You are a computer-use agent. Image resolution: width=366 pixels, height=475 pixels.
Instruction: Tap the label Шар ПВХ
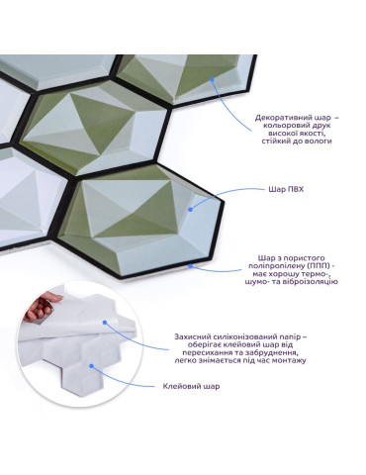pos(286,189)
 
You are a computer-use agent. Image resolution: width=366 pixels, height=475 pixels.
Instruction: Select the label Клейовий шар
pos(191,386)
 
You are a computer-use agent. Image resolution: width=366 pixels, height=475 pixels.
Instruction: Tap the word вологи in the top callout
pos(320,142)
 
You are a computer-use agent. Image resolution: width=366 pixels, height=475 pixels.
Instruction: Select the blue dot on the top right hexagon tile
pos(212,79)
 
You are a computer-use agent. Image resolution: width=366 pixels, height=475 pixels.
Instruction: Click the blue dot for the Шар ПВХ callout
pos(190,209)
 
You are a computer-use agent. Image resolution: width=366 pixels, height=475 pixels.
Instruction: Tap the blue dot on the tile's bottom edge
pos(190,265)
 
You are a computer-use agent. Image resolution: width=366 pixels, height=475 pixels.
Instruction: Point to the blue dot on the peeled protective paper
pos(105,323)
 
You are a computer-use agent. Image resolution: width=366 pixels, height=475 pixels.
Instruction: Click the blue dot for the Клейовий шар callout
pos(92,366)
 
